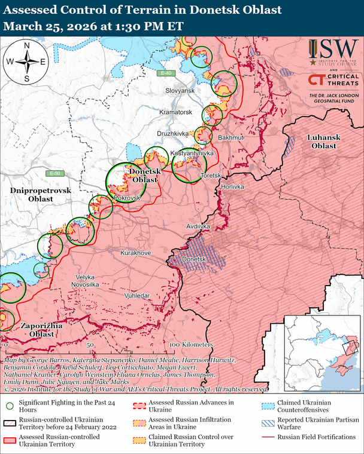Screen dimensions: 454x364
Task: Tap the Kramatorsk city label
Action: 175,112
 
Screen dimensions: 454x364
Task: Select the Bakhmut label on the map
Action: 230,138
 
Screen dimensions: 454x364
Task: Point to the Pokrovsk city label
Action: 127,197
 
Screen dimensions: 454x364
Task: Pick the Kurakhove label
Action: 135,253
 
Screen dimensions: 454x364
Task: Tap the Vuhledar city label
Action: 137,296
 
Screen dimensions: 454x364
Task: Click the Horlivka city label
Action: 233,187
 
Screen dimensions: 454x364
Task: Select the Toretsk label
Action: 211,176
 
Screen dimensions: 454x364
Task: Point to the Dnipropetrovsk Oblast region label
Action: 40,194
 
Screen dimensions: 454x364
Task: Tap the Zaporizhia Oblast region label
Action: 38,330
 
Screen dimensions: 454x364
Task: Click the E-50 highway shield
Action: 56,173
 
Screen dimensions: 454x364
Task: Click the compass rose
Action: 26,62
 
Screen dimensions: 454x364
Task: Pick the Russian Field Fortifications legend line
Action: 268,437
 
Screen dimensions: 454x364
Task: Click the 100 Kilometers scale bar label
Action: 190,345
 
